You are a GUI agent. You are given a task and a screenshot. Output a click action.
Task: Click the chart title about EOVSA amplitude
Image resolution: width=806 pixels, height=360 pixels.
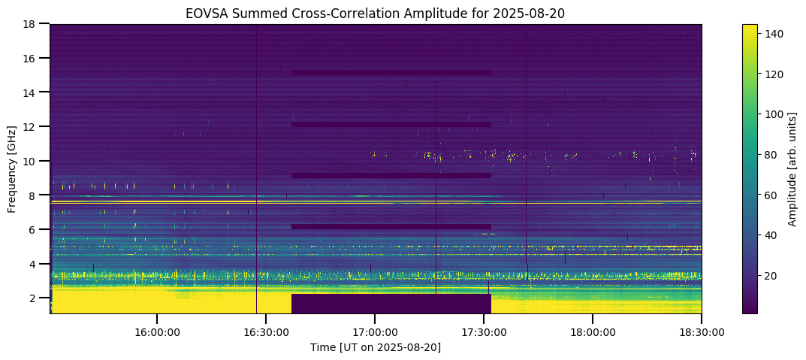pos(376,14)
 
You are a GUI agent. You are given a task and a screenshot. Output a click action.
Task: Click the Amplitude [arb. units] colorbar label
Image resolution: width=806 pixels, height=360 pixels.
pos(792,168)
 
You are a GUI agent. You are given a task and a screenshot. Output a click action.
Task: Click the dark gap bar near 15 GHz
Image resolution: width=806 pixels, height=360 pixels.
pos(391,73)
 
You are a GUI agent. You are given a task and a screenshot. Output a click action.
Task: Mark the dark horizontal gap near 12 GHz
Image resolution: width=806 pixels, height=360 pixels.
pos(391,124)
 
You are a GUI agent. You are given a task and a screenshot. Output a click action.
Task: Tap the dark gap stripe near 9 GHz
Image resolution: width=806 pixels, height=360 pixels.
pos(391,175)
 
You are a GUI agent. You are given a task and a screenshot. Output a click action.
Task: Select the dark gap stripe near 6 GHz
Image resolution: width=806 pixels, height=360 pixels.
pos(391,226)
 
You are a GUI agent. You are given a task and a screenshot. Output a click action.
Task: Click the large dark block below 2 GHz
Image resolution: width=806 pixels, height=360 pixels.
pos(391,304)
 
